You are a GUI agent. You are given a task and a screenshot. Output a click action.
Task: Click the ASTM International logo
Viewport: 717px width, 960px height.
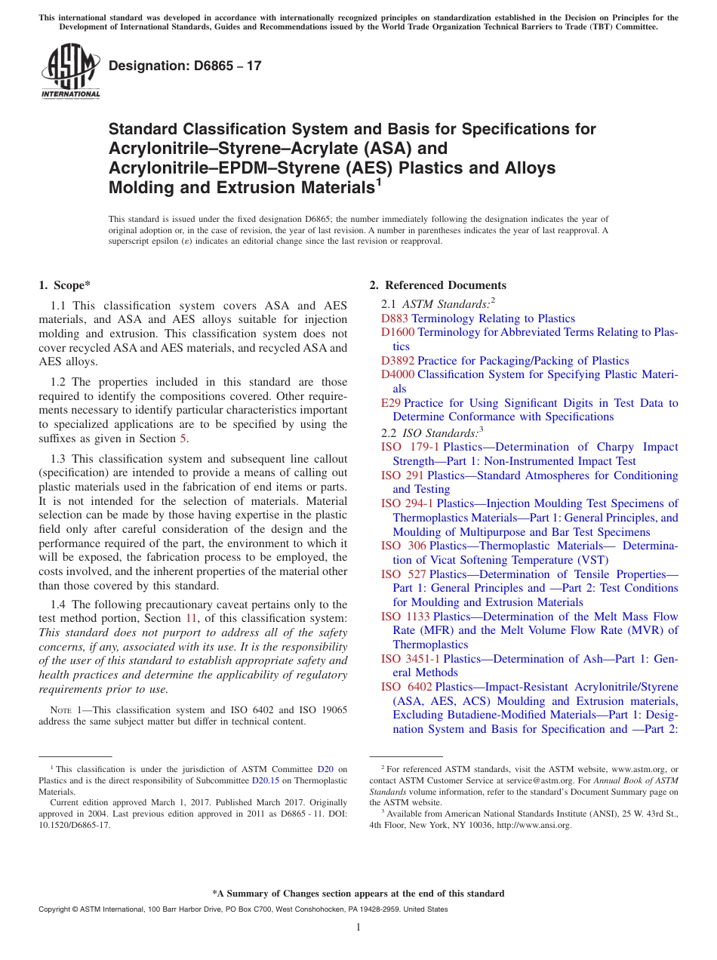pyautogui.click(x=70, y=72)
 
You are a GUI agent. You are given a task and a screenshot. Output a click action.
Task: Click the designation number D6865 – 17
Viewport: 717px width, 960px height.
pyautogui.click(x=185, y=66)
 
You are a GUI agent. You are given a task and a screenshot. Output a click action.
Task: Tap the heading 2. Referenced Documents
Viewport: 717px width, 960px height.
pyautogui.click(x=438, y=285)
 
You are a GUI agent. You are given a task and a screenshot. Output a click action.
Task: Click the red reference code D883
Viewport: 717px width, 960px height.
pyautogui.click(x=395, y=318)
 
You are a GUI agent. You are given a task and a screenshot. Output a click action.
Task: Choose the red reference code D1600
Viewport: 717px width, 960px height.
pyautogui.click(x=398, y=332)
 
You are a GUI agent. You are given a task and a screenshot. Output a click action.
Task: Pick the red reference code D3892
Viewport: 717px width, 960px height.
pyautogui.click(x=398, y=361)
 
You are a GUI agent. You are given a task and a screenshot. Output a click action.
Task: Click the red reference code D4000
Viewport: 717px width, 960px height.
pyautogui.click(x=398, y=374)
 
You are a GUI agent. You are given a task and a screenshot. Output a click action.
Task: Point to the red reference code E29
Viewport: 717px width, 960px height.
pyautogui.click(x=391, y=403)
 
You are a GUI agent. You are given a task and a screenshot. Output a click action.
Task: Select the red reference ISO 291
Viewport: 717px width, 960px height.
pyautogui.click(x=402, y=475)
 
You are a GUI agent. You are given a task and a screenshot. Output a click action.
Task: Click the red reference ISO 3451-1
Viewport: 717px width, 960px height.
pyautogui.click(x=411, y=659)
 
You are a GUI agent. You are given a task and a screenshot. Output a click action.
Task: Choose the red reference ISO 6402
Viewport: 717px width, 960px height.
pyautogui.click(x=406, y=687)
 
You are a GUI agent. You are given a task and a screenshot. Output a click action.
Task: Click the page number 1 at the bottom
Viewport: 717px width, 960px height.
pyautogui.click(x=358, y=928)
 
